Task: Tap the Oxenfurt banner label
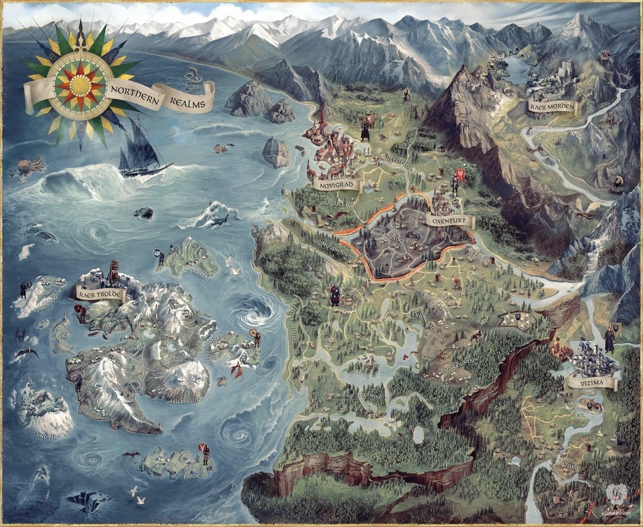(x=449, y=220)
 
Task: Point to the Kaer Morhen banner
(x=551, y=106)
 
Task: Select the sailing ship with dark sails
(x=141, y=150)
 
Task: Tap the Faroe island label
(x=192, y=476)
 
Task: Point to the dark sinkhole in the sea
(x=87, y=500)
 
